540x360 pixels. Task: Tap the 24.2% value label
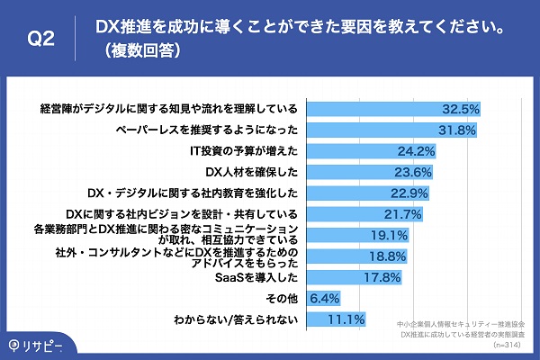(417, 150)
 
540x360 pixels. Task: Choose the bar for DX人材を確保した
(368, 171)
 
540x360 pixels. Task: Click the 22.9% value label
(410, 193)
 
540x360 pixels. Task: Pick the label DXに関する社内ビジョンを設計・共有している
(183, 213)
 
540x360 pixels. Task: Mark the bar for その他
(324, 298)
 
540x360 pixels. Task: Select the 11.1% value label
(346, 319)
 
